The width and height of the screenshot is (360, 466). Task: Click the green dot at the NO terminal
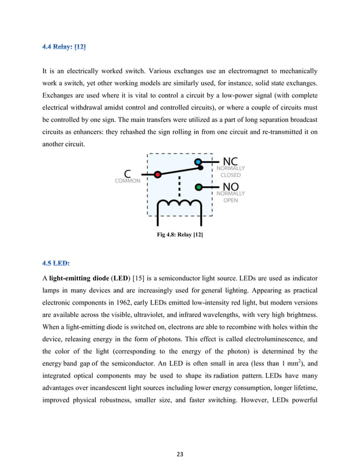[198, 187]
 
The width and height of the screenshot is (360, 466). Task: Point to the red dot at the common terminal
[158, 174]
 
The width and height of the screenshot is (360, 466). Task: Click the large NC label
[230, 161]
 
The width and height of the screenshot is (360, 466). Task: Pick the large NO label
[230, 187]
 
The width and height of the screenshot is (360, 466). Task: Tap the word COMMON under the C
[128, 182]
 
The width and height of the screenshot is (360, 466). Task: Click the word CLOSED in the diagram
[230, 175]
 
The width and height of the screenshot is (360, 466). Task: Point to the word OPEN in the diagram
[230, 200]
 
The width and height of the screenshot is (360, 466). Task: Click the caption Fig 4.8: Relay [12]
[180, 234]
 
